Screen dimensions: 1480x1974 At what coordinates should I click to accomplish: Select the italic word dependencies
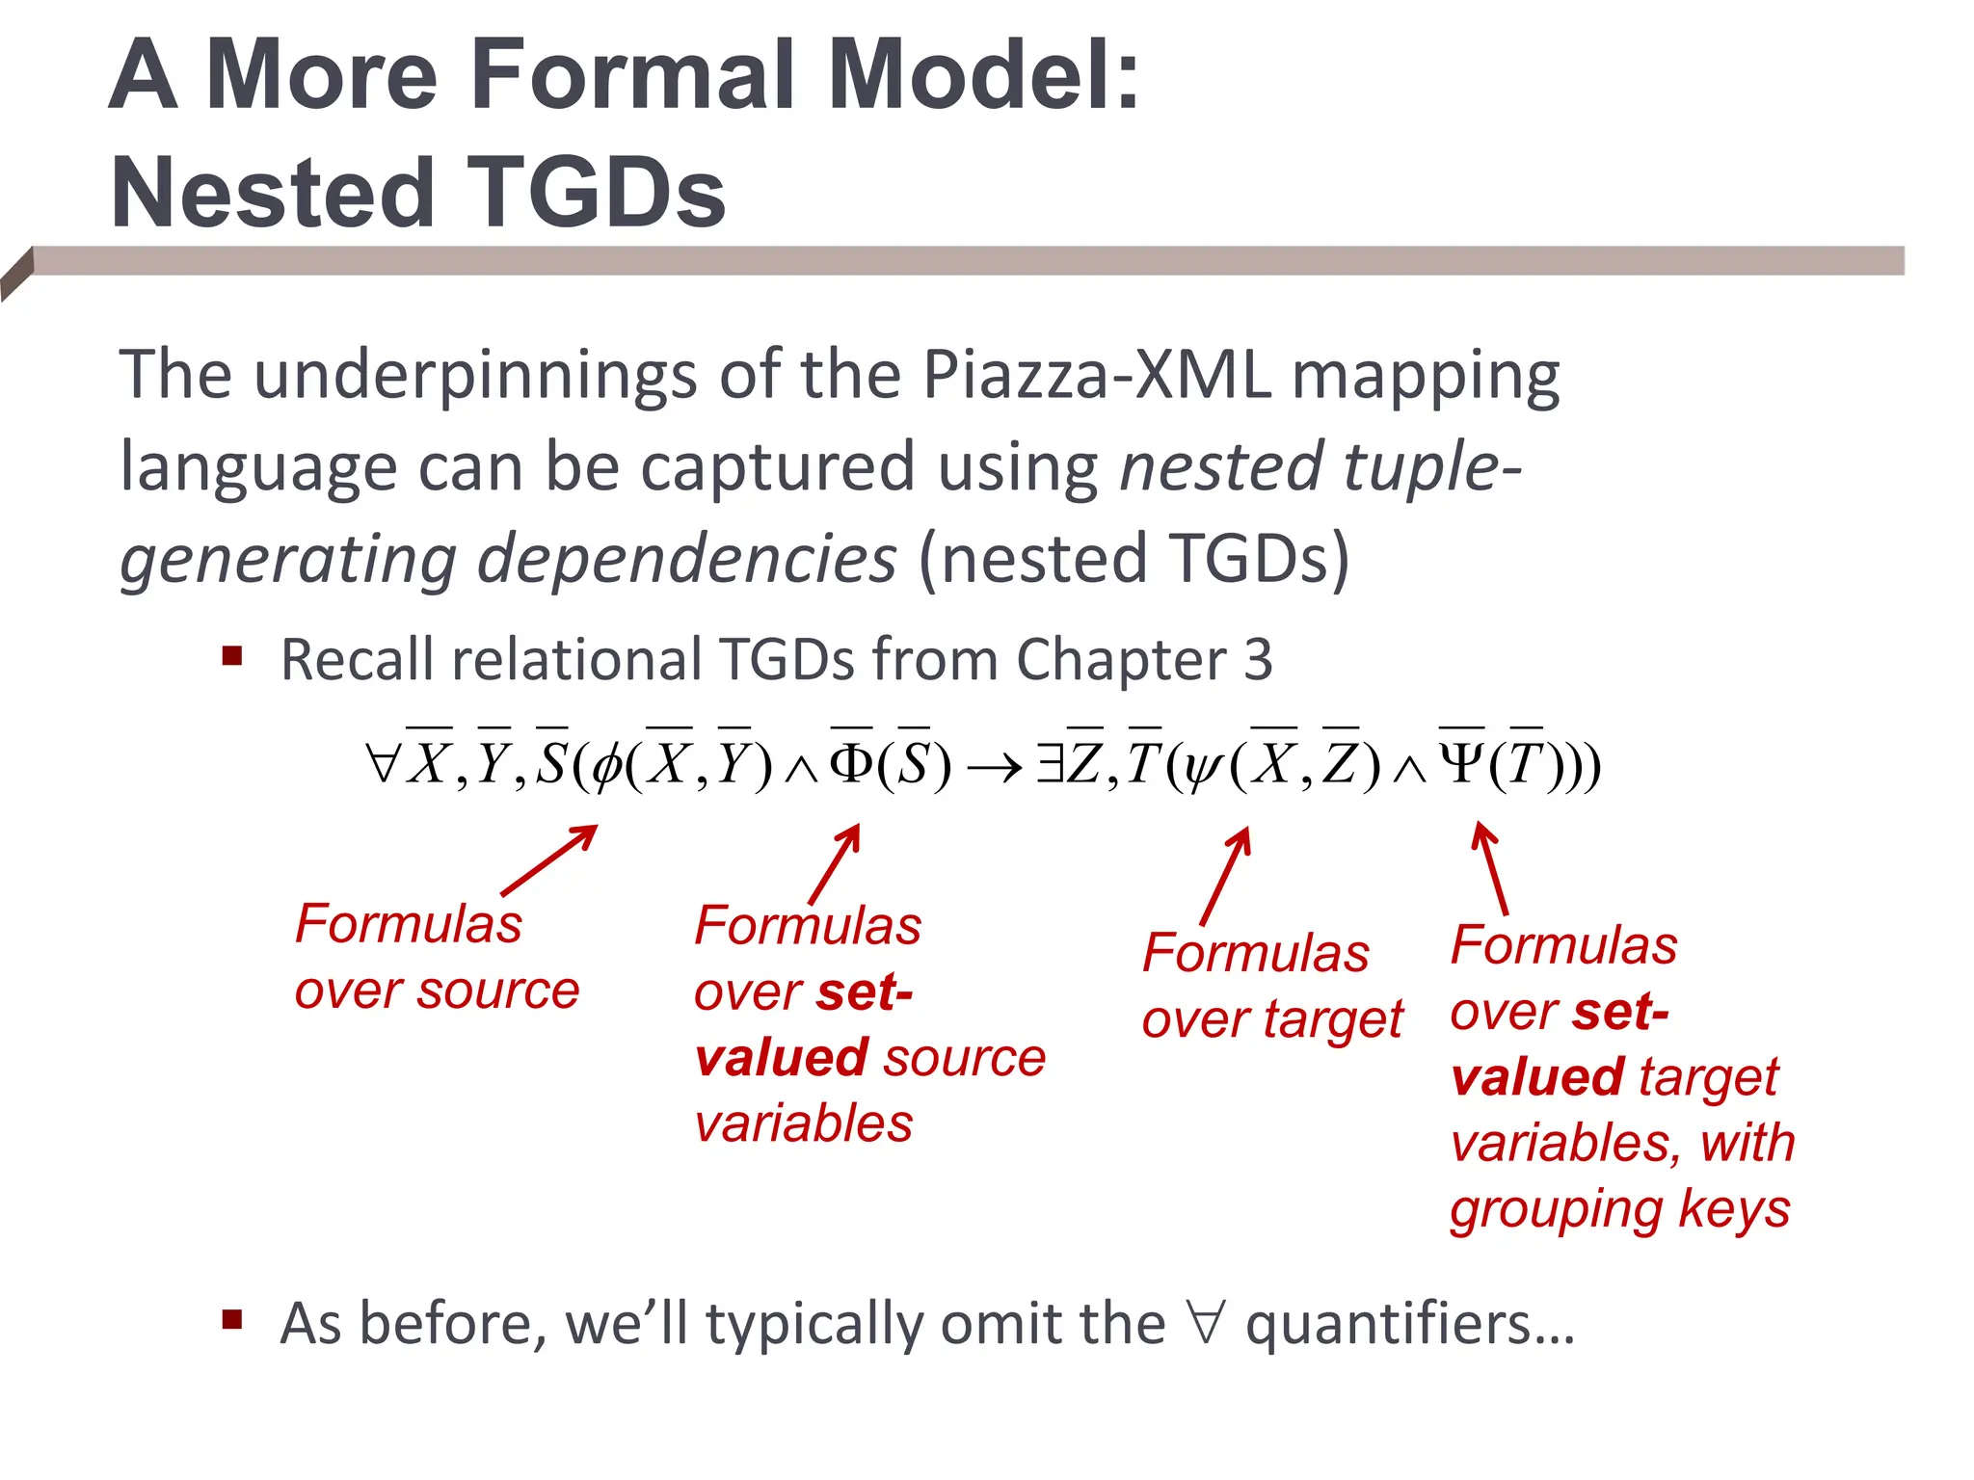[686, 560]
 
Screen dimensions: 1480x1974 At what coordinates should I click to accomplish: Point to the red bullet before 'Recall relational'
[231, 657]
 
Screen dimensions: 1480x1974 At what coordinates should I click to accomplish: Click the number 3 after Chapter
[1257, 660]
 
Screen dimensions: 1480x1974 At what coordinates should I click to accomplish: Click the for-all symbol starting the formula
[382, 765]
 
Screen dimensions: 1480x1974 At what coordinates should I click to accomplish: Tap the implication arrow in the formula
[994, 768]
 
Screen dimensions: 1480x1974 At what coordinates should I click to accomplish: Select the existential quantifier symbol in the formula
[1049, 765]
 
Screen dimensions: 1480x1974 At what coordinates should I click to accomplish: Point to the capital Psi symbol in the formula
[1462, 765]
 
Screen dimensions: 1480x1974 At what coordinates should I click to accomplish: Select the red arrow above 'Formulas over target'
[1226, 875]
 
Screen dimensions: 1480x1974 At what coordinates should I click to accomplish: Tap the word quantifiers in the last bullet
[1409, 1324]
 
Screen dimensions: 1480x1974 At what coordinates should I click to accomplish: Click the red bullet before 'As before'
[231, 1319]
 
